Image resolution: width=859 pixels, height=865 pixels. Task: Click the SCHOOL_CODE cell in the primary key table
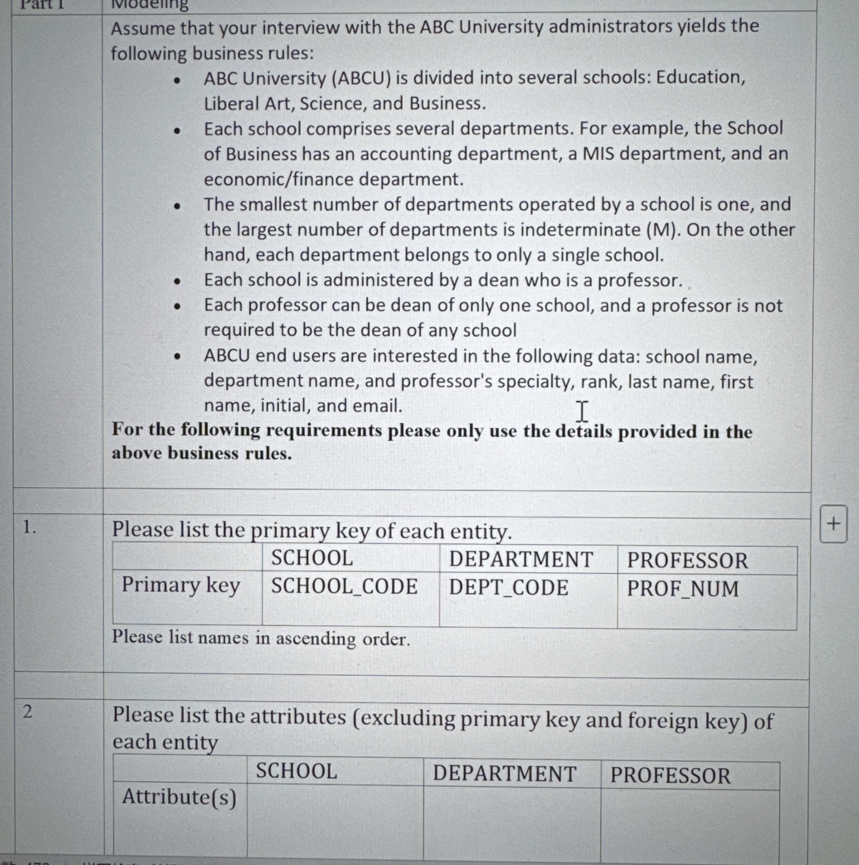[344, 587]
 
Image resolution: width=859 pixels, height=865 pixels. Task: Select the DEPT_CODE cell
[509, 588]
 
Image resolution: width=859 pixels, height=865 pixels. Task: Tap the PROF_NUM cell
[683, 589]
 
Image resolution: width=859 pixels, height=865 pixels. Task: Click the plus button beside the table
[833, 524]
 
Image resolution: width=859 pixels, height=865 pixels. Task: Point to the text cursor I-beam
[582, 411]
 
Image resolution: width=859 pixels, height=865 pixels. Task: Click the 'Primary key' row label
[181, 586]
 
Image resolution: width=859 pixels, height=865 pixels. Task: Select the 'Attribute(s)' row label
[179, 797]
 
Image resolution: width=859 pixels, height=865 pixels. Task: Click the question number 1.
[30, 528]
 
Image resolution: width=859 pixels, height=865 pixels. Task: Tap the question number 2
[28, 711]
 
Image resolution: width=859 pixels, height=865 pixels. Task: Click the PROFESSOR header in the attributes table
[670, 776]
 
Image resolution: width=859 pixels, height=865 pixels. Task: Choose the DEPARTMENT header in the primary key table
[521, 560]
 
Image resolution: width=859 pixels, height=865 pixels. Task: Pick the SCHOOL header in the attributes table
[296, 771]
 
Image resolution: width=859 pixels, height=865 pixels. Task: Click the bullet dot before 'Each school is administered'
[178, 281]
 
